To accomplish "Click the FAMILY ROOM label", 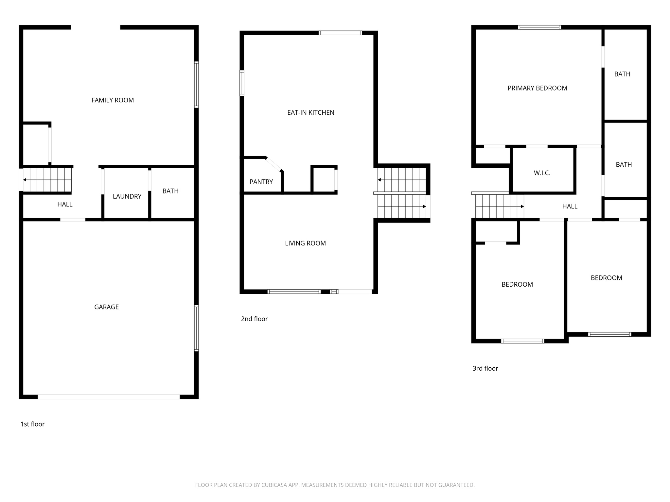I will (113, 100).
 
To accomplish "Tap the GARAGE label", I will (106, 307).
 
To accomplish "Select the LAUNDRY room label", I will (127, 196).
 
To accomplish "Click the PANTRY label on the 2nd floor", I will (261, 182).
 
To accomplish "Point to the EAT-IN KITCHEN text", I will (310, 113).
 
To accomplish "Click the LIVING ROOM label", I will (305, 243).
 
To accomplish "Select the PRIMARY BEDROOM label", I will (537, 88).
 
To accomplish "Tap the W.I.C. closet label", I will (542, 173).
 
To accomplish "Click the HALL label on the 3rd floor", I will (570, 206).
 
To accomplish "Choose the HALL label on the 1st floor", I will (65, 204).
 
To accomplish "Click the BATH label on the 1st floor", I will (170, 191).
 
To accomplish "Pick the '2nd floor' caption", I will (254, 319).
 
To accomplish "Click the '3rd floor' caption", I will (485, 368).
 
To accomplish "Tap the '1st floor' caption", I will (32, 424).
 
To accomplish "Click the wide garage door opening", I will (109, 397).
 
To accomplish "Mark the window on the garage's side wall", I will (196, 328).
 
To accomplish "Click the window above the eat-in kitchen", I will (340, 33).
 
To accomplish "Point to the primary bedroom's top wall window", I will (539, 27).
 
